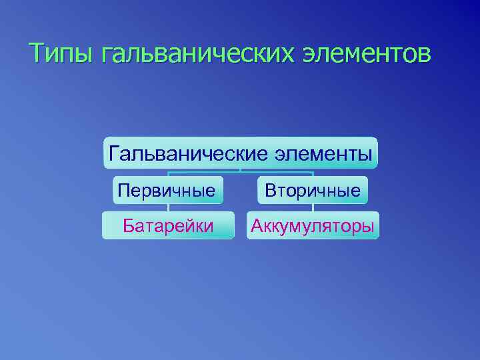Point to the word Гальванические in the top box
[187, 154]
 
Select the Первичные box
[167, 191]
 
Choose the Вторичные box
[313, 191]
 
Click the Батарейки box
[168, 226]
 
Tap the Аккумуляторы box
[313, 226]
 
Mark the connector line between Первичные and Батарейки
[168, 208]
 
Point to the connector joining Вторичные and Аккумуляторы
[313, 208]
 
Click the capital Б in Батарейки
[129, 226]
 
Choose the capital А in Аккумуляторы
[257, 226]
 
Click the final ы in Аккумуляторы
[367, 227]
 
